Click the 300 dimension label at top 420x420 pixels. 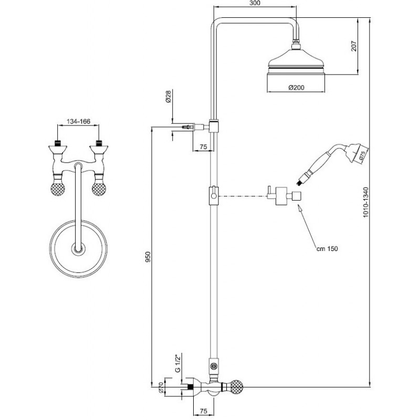click(254, 3)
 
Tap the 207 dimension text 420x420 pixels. click(354, 46)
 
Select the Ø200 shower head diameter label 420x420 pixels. click(296, 87)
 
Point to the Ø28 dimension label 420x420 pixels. click(168, 97)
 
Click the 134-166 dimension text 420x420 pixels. click(78, 121)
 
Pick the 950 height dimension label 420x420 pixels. click(148, 257)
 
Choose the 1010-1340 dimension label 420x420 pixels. click(366, 202)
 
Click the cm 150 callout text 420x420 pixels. click(327, 248)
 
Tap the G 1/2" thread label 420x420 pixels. click(177, 363)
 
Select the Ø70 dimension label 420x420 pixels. click(161, 387)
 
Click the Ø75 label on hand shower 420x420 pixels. click(362, 156)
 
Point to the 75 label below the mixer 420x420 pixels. click(204, 411)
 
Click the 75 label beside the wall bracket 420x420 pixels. click(204, 147)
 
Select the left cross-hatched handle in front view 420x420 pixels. click(58, 188)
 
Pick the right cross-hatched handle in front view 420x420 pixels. click(99, 188)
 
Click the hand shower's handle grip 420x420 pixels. click(317, 164)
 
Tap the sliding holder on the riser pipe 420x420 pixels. click(214, 195)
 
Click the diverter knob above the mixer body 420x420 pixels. click(214, 365)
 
